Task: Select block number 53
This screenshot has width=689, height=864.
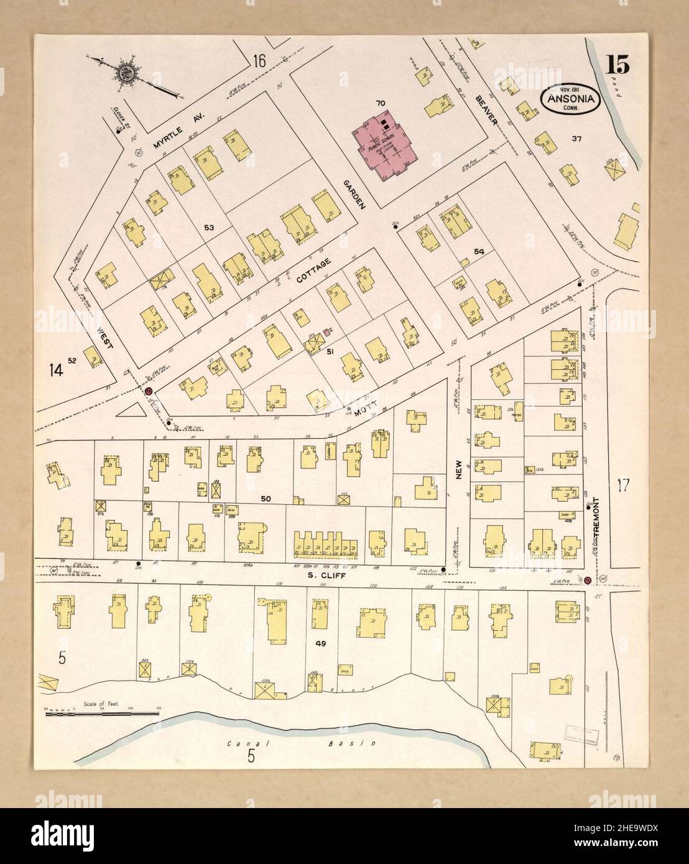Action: (209, 228)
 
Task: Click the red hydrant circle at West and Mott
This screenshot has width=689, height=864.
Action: (149, 392)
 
